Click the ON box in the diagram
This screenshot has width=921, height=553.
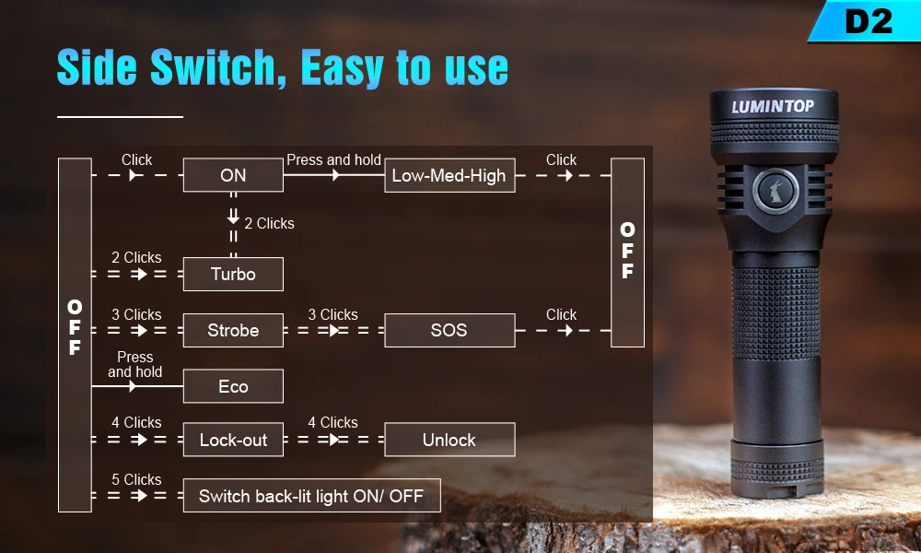tap(233, 175)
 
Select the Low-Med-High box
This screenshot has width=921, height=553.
tap(449, 175)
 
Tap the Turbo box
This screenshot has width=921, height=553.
tap(233, 274)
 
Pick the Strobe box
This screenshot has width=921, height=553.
tap(233, 330)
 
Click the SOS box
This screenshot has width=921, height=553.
tap(449, 330)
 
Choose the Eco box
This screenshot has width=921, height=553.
tap(233, 386)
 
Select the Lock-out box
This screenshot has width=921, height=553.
tap(233, 440)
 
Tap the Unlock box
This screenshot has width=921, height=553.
tap(449, 440)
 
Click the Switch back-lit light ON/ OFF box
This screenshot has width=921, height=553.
tap(311, 496)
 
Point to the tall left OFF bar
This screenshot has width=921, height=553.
tap(75, 334)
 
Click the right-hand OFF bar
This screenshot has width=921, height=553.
tap(627, 252)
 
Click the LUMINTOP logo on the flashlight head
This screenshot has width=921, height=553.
tap(773, 106)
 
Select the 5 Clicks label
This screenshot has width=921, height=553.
tap(136, 479)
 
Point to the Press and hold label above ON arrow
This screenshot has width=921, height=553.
tap(333, 159)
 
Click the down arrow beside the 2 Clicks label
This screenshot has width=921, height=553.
tap(233, 217)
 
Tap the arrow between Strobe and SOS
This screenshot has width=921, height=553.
tap(334, 330)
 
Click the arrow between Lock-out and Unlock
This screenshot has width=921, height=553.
tap(334, 440)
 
